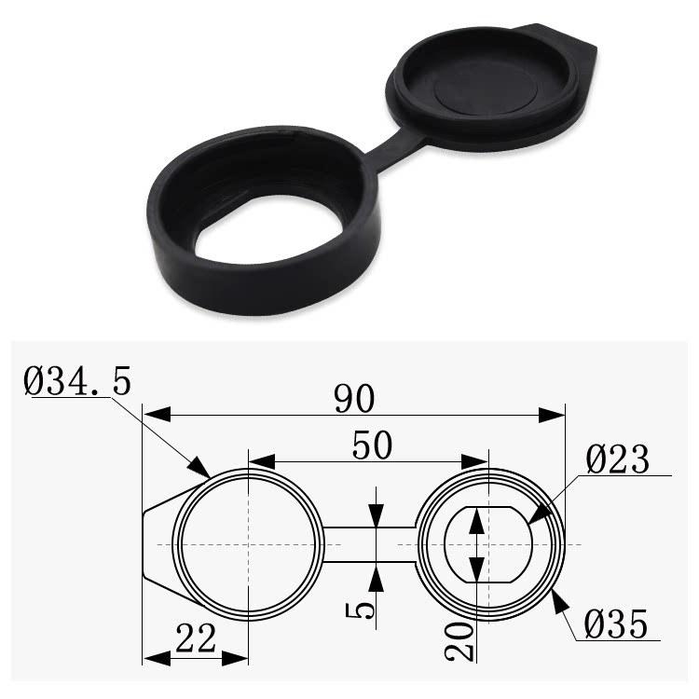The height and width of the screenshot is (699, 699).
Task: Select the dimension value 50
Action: point(372,445)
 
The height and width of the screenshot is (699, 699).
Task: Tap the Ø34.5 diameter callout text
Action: point(80,381)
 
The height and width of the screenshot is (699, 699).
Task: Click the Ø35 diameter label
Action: point(615,624)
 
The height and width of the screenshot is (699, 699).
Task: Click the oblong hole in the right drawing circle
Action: point(487,544)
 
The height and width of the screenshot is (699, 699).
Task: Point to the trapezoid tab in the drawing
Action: point(158,544)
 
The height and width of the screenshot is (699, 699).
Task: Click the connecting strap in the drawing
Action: point(369,544)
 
